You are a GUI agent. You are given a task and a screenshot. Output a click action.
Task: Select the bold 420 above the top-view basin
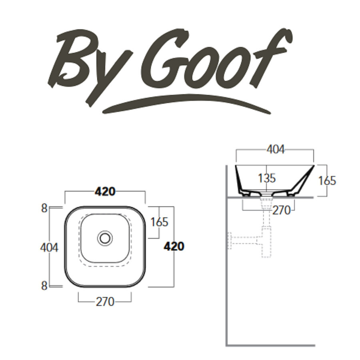tap(105, 192)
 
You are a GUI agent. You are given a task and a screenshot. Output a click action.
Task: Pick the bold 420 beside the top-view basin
tap(174, 247)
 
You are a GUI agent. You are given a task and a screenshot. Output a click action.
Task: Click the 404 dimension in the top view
tap(49, 248)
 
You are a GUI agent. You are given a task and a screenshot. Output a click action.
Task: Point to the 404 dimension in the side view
tap(275, 150)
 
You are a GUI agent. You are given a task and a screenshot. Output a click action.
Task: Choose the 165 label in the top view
tap(160, 222)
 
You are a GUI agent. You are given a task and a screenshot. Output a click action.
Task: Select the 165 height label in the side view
tap(327, 180)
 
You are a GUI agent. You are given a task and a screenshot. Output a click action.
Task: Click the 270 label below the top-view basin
tap(105, 302)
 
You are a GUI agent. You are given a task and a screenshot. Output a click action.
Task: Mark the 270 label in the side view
tap(282, 210)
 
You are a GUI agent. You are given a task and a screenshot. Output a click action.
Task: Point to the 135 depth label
tap(267, 178)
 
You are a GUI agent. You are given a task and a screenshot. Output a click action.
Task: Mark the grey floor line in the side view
tap(271, 345)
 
